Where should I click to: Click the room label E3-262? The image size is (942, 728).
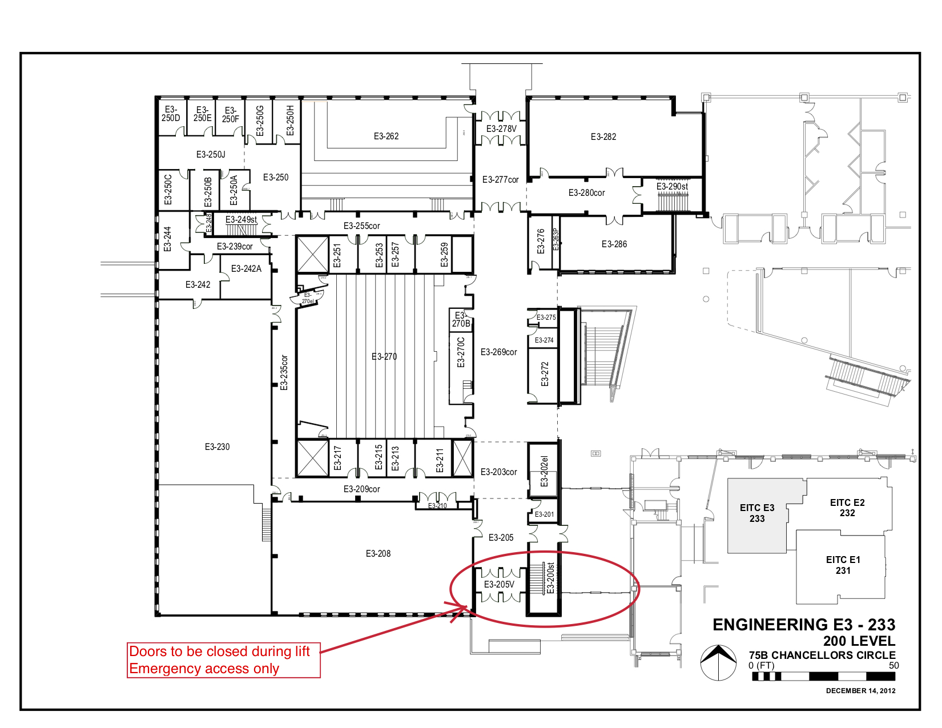coord(386,136)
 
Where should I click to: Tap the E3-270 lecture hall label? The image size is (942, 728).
coord(384,357)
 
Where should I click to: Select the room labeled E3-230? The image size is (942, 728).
coord(217,447)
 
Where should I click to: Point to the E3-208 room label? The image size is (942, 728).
coord(378,554)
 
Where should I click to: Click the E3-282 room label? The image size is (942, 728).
coord(603,137)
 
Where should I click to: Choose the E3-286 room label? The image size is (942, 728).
coord(614,244)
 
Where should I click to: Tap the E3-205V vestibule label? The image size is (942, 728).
coord(499,585)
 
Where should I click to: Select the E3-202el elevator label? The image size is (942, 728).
coord(544,471)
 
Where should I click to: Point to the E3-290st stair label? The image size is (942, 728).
coord(672,187)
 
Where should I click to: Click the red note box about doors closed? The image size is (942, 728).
coord(223,660)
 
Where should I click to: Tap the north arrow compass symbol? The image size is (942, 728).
coord(718,662)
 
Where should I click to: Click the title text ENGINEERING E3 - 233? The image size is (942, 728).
coord(804,625)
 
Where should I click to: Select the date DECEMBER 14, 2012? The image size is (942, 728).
coord(860,691)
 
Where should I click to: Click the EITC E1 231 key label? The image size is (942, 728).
coord(843,565)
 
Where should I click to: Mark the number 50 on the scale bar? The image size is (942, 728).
coord(893,666)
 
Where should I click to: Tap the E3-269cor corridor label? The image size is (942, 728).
coord(498,352)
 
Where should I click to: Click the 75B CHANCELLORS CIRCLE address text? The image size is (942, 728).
coord(822,655)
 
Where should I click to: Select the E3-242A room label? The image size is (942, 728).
coord(246,269)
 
